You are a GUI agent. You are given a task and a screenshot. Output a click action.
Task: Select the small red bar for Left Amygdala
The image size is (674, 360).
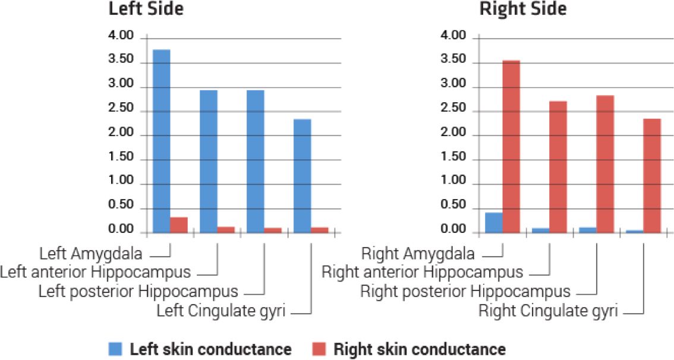pyautogui.click(x=179, y=225)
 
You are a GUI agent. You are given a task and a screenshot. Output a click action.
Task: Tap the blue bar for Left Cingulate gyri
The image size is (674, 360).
pyautogui.click(x=302, y=176)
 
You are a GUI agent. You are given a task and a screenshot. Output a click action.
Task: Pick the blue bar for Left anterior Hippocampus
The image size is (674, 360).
pyautogui.click(x=208, y=162)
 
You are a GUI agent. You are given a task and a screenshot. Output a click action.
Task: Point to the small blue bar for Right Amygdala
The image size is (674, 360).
pyautogui.click(x=493, y=223)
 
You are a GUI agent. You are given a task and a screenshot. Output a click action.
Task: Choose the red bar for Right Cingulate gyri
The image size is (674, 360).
pyautogui.click(x=652, y=176)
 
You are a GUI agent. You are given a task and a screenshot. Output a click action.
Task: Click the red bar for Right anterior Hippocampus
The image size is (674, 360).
pyautogui.click(x=558, y=167)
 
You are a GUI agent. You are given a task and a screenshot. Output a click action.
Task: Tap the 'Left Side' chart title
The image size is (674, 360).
pyautogui.click(x=146, y=10)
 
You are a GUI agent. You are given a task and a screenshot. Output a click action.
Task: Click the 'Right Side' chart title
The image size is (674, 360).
pyautogui.click(x=523, y=10)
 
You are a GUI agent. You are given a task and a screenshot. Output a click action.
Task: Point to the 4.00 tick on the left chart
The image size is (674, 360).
pyautogui.click(x=121, y=37)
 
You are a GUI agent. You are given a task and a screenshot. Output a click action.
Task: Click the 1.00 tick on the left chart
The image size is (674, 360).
pyautogui.click(x=121, y=185)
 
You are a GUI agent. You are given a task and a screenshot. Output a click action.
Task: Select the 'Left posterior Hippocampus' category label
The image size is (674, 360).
pyautogui.click(x=138, y=292)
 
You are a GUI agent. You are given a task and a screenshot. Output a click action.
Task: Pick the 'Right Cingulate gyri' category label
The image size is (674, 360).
pyautogui.click(x=548, y=310)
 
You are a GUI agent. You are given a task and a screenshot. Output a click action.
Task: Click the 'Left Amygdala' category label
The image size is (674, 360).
pyautogui.click(x=91, y=254)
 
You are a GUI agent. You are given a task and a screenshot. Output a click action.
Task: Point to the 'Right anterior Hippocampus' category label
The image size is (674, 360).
pyautogui.click(x=423, y=273)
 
